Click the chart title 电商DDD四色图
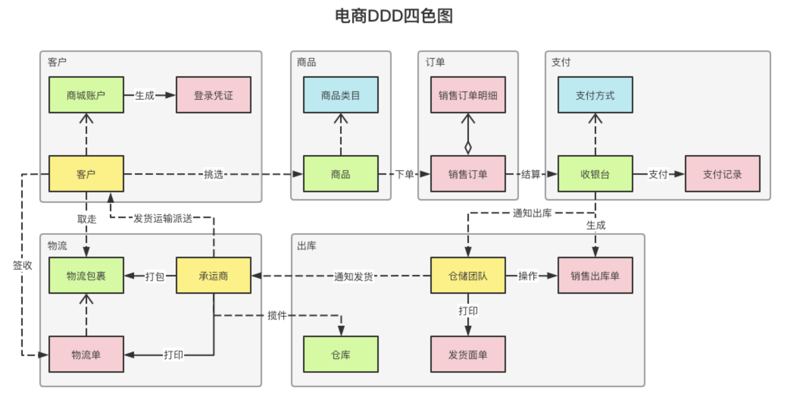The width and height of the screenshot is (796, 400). [x=394, y=16]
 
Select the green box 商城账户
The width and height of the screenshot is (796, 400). [x=86, y=95]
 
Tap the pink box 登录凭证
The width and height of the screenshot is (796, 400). [x=213, y=95]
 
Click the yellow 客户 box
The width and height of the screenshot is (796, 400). [x=86, y=174]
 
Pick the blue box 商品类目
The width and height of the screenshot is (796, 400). [x=341, y=95]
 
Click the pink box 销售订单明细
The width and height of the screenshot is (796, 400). [x=468, y=95]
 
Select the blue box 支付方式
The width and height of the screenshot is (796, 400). [x=595, y=95]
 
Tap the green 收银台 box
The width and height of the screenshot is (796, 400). [x=595, y=174]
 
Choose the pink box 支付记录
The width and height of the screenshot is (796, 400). [x=722, y=174]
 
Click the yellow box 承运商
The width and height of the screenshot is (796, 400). [x=213, y=276]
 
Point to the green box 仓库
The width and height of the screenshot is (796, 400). [x=341, y=354]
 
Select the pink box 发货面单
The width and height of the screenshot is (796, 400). [x=468, y=354]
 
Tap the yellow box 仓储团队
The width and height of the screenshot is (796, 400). [x=468, y=276]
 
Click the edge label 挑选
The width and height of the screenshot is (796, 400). [x=213, y=174]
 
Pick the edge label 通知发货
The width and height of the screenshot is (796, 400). [x=353, y=276]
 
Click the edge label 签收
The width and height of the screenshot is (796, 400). [x=22, y=265]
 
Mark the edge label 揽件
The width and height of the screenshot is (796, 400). [x=277, y=315]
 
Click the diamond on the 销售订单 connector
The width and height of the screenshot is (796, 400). [x=468, y=147]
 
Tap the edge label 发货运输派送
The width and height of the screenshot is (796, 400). [x=163, y=219]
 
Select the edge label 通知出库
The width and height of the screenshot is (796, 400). [x=532, y=213]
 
